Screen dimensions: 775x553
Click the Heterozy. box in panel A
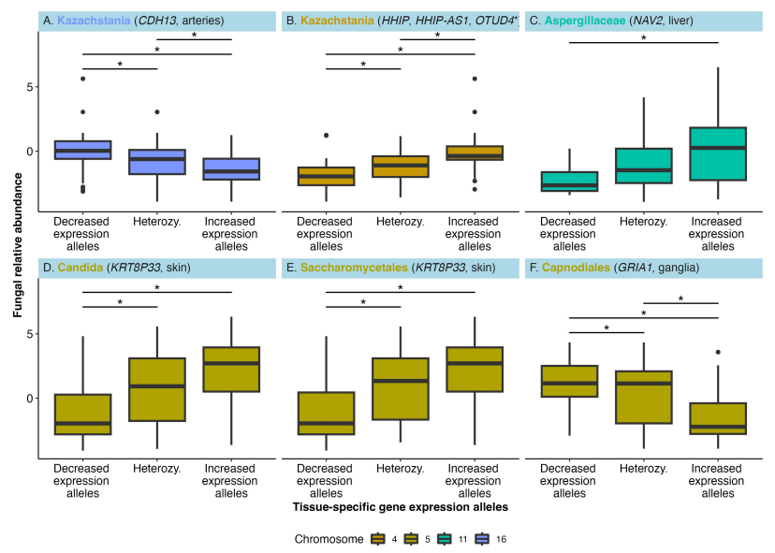point(157,162)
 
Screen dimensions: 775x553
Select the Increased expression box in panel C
point(718,153)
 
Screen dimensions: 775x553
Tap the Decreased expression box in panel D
point(82,415)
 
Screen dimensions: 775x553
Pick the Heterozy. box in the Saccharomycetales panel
point(401,389)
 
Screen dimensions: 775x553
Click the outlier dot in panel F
point(718,352)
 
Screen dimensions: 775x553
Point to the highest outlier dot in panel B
point(475,79)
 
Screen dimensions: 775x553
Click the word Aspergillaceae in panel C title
point(585,21)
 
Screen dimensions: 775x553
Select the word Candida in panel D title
point(80,268)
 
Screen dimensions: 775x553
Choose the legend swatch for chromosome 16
point(482,539)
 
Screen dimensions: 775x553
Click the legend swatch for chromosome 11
point(445,539)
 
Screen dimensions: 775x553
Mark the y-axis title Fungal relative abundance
point(18,245)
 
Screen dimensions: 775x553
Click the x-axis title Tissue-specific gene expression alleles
point(401,507)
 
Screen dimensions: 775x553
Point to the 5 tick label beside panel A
point(30,87)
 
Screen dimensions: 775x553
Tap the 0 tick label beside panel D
point(30,399)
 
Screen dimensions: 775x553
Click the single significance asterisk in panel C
point(644,38)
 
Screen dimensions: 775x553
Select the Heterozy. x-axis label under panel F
point(644,469)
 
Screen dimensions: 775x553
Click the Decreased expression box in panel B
point(327,176)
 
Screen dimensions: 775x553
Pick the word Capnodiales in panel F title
point(576,268)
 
